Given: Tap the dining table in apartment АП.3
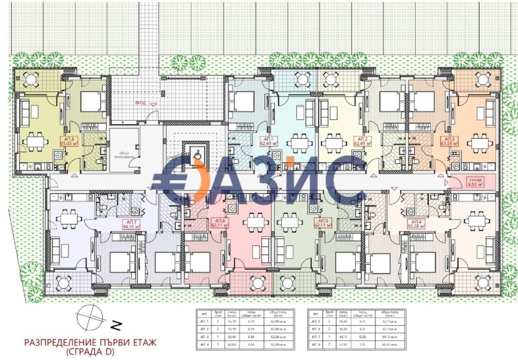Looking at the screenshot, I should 478,141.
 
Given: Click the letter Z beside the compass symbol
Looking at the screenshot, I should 117,326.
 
